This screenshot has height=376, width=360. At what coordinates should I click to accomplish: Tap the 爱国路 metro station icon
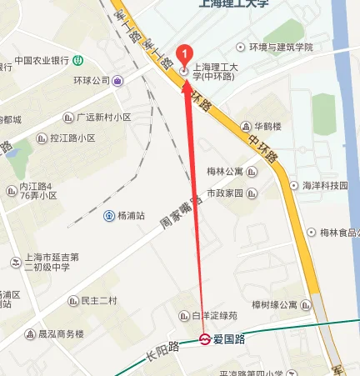(204, 338)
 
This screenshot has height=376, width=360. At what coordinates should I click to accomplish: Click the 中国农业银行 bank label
(40, 61)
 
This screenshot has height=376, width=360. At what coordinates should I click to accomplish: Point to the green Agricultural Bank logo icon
(77, 60)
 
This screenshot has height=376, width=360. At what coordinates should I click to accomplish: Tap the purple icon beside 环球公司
(118, 81)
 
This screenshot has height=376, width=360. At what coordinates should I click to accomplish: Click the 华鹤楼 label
(268, 126)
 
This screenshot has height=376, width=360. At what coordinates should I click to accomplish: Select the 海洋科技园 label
(324, 185)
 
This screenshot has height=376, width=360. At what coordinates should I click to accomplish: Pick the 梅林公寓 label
(225, 172)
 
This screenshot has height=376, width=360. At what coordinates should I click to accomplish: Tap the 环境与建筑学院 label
(281, 48)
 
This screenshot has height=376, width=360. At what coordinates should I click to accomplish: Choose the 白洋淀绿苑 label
(214, 316)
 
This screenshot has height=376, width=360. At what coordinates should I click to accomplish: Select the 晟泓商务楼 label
(61, 334)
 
